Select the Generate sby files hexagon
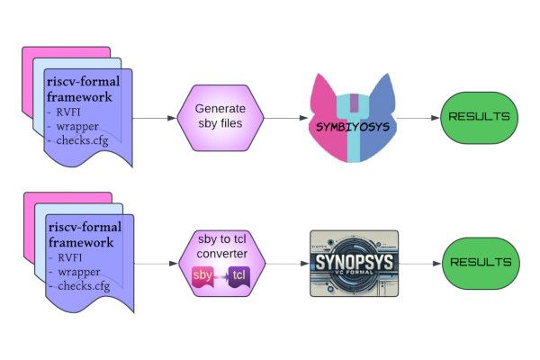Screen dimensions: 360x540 tap(220, 118)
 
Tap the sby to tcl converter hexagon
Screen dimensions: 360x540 tap(220, 260)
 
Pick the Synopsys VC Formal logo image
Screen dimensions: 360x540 tap(353, 262)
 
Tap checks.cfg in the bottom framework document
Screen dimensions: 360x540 tap(85, 285)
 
